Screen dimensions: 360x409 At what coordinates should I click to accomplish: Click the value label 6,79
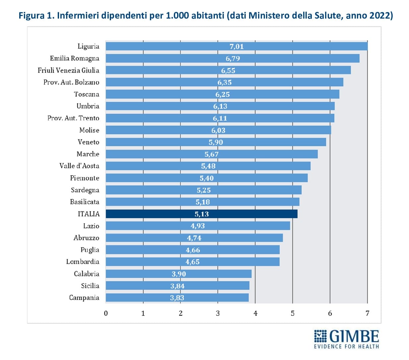click(x=233, y=58)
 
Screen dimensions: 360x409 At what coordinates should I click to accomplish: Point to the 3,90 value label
click(x=178, y=274)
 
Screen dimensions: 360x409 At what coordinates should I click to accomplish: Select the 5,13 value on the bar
click(x=202, y=214)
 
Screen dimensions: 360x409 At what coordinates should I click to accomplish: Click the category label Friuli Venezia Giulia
click(x=68, y=70)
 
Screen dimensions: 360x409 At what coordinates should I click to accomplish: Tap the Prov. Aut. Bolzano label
click(x=71, y=82)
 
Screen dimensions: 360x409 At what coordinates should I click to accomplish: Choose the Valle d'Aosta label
click(x=79, y=166)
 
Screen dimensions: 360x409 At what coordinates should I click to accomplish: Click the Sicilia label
click(x=90, y=286)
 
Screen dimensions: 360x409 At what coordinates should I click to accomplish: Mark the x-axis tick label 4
click(x=255, y=313)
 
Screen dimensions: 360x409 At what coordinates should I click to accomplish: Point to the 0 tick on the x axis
click(x=106, y=313)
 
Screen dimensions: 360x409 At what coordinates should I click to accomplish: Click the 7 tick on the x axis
click(x=367, y=313)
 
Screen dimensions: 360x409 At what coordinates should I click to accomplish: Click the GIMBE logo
click(x=346, y=336)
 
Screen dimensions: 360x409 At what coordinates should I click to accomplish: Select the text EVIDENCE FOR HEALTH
click(x=346, y=346)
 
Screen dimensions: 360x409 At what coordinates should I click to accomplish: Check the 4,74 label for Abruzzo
click(x=194, y=238)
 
